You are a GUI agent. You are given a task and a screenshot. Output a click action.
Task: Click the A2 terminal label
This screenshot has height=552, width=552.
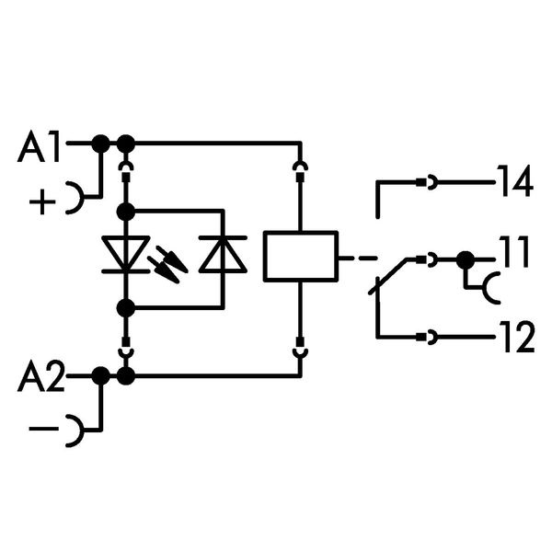point(42,377)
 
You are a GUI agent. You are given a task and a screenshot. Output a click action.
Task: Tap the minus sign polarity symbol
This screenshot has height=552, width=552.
point(41,430)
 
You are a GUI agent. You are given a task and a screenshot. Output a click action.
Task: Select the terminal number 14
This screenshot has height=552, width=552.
point(514,182)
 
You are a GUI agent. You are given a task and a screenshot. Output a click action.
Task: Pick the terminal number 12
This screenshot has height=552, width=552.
point(515,339)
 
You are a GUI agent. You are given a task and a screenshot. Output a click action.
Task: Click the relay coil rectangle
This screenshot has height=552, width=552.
point(301,255)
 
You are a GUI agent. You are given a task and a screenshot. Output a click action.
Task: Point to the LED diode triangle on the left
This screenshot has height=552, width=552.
point(127,255)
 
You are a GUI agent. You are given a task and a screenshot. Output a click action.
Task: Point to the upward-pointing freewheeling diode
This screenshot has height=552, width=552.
point(224,255)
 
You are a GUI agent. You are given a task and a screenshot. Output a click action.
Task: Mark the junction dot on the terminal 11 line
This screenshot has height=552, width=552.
point(466,260)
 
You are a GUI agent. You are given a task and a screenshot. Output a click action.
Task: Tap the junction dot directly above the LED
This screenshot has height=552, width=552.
point(127,213)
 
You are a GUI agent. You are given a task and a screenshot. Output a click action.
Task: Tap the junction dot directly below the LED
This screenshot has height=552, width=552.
point(127,306)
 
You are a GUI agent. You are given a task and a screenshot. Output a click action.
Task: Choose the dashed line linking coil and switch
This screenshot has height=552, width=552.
point(358,257)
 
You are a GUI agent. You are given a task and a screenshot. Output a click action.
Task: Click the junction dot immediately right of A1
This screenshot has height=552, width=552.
point(100,144)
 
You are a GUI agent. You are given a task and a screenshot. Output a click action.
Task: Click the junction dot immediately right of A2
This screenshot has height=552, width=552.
point(100,375)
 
